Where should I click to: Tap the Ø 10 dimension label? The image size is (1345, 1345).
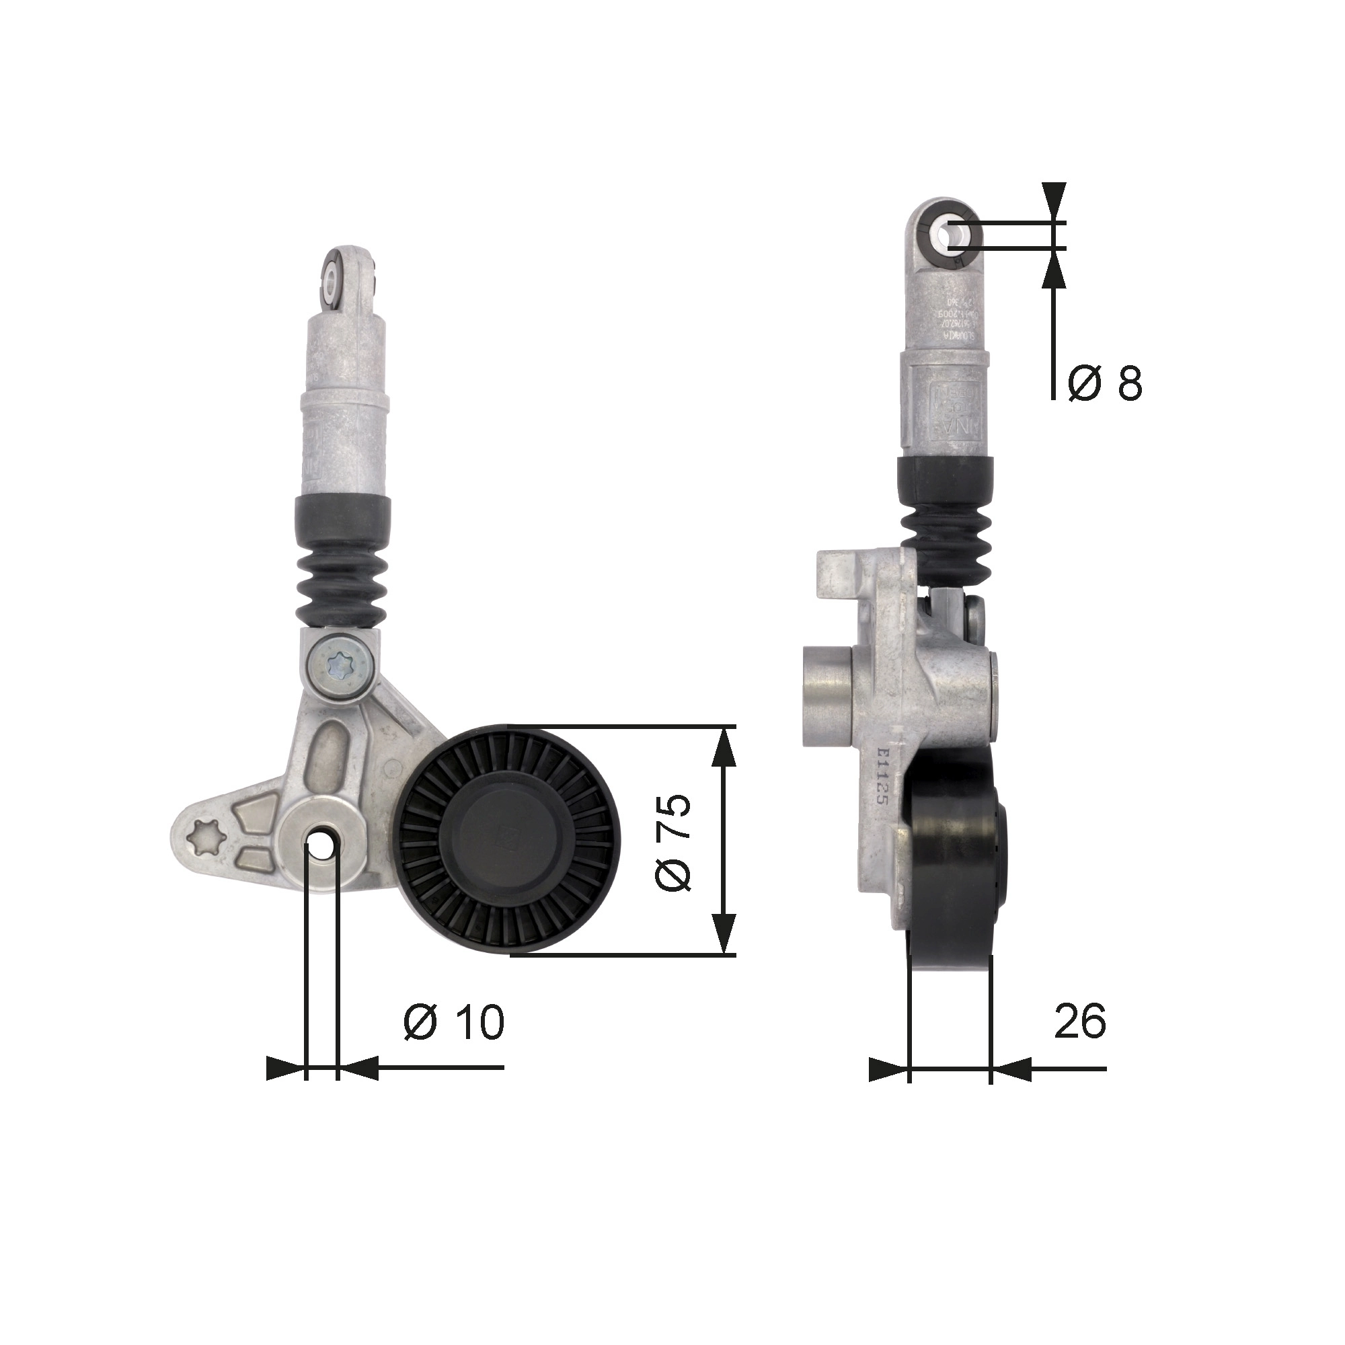coord(453,1022)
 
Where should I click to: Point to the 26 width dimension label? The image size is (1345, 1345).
coord(1080,1022)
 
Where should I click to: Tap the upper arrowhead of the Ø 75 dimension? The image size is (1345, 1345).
coord(726,748)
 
